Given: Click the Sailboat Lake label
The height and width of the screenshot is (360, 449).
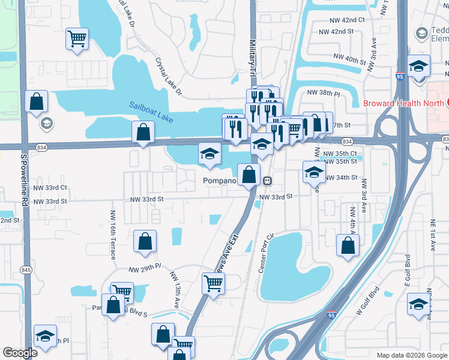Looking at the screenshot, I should coord(151,112).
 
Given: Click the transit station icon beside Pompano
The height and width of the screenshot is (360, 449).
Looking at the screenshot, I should coord(268,181).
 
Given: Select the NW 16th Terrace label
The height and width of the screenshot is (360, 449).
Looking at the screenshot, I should coord(112,235).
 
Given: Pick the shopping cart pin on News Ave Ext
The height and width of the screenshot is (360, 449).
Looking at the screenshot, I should coord(213,283).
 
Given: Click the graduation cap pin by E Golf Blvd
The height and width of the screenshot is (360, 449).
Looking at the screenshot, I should coord(418,304).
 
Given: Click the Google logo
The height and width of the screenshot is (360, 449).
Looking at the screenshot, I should coord(20,353).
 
